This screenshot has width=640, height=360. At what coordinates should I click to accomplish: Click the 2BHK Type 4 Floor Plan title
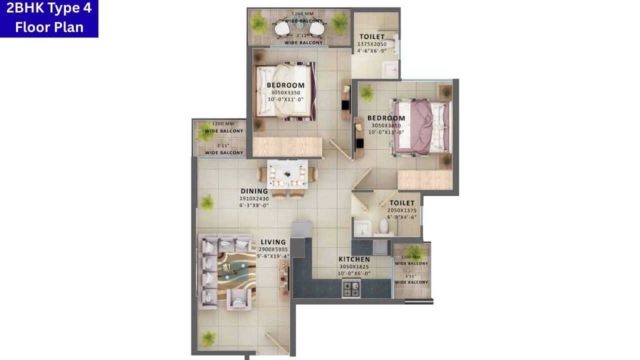[49, 18]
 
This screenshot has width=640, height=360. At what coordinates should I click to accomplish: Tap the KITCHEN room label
[354, 259]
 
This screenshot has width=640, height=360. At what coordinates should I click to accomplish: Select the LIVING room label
[273, 242]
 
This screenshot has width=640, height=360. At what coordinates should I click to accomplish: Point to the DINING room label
[254, 191]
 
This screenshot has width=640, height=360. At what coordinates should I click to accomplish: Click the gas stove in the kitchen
[351, 288]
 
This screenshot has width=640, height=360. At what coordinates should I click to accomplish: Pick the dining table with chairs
[287, 174]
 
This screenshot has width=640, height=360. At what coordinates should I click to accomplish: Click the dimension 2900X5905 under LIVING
[273, 249]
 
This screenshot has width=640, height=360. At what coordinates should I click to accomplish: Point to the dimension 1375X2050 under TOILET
[372, 44]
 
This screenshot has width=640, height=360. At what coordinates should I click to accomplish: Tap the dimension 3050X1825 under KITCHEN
[354, 267]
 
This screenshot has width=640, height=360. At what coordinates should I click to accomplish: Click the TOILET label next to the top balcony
[372, 36]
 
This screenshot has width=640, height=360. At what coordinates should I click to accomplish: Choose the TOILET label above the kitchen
[402, 203]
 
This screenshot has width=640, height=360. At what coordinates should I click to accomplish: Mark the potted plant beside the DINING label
[207, 202]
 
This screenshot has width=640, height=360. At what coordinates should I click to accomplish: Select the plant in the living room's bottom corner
[208, 337]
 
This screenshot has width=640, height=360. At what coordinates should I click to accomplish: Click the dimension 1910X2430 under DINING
[254, 198]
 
